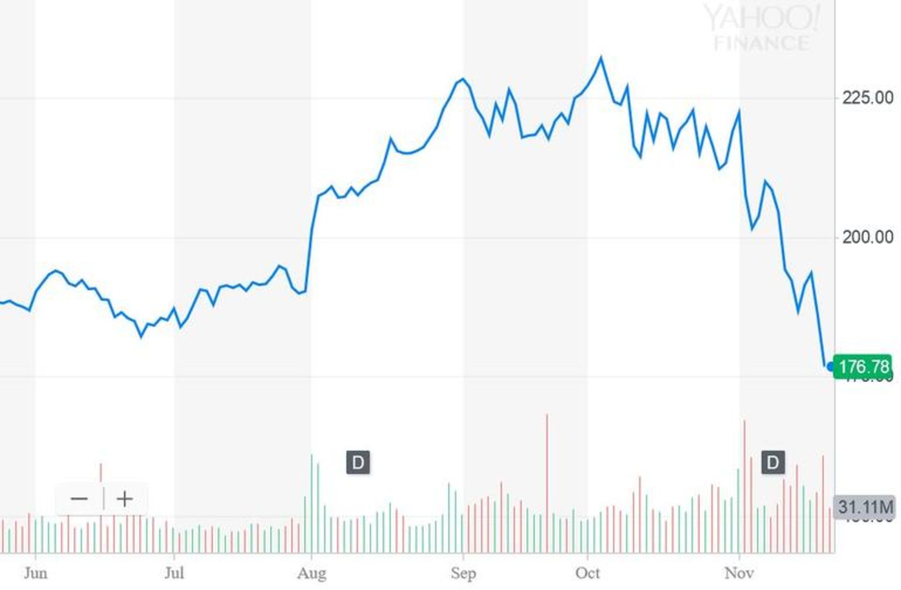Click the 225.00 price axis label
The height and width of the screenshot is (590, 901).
click(x=868, y=98)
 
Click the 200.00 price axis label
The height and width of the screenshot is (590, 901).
click(x=868, y=238)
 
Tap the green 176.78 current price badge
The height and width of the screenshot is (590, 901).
click(x=863, y=367)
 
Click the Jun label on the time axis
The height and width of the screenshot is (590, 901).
click(x=36, y=573)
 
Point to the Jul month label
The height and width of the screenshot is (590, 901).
click(x=174, y=573)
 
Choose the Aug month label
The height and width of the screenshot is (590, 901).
click(x=312, y=573)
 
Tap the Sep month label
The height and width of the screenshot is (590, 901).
click(x=463, y=573)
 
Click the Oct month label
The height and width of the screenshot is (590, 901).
click(x=588, y=573)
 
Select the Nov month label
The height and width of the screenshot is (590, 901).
click(x=739, y=573)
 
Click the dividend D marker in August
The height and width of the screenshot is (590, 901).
click(x=358, y=463)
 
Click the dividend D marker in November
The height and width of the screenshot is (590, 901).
click(x=773, y=463)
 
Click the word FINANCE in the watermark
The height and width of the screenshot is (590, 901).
click(x=761, y=43)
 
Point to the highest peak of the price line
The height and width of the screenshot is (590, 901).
click(x=601, y=58)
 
